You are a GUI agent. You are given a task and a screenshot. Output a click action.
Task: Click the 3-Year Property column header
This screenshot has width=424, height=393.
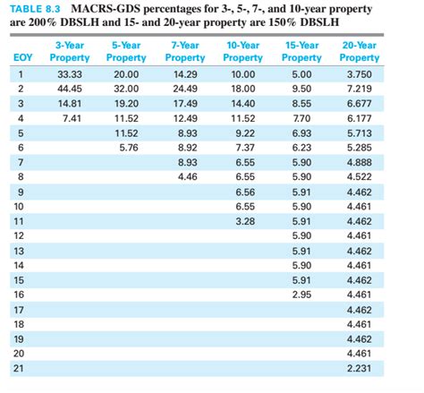70,51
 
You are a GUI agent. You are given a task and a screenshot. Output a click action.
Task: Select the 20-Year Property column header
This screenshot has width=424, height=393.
359,51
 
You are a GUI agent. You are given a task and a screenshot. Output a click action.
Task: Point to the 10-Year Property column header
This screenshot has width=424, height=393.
243,51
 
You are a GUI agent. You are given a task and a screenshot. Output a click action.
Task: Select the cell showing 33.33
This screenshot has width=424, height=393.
70,74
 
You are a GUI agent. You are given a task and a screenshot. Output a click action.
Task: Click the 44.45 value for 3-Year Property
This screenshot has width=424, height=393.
70,89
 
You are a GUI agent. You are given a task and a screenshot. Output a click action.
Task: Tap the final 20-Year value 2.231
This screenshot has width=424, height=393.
359,367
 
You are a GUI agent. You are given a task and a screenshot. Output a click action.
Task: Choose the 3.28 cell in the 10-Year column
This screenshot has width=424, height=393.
244,219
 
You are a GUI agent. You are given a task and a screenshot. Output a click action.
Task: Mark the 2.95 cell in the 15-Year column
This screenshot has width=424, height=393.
301,294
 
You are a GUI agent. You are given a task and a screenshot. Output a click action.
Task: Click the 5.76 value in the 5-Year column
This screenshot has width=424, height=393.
127,147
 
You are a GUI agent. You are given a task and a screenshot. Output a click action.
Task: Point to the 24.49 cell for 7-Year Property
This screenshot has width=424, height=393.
185,89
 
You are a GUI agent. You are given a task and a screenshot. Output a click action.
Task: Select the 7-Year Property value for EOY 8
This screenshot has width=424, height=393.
186,176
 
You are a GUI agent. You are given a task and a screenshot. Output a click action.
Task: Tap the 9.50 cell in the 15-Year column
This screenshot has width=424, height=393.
301,89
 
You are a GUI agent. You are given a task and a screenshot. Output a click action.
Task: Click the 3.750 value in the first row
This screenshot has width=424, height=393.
359,74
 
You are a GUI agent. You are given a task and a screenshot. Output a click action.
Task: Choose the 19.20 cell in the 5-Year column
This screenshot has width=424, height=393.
126,103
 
